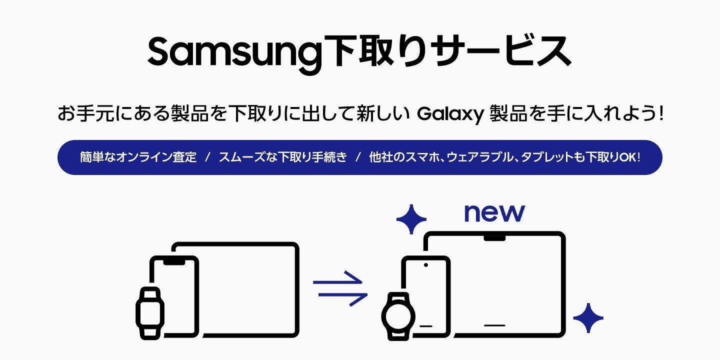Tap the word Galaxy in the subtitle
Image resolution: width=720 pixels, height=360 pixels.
(450, 114)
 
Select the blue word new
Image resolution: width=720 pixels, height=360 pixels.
(494, 213)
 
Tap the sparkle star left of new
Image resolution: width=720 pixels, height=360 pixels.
(411, 219)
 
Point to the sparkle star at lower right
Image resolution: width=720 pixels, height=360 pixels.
(588, 318)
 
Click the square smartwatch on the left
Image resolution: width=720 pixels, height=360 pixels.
(149, 312)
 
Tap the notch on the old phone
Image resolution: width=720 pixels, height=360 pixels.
(173, 261)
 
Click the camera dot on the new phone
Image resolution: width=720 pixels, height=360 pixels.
(425, 264)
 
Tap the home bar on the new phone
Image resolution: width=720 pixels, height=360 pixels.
(426, 326)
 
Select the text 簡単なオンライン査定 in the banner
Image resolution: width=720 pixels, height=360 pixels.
(138, 157)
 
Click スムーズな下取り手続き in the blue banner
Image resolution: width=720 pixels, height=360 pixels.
(282, 157)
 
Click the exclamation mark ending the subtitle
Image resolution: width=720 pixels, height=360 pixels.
(660, 114)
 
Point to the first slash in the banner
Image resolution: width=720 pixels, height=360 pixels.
(207, 157)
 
